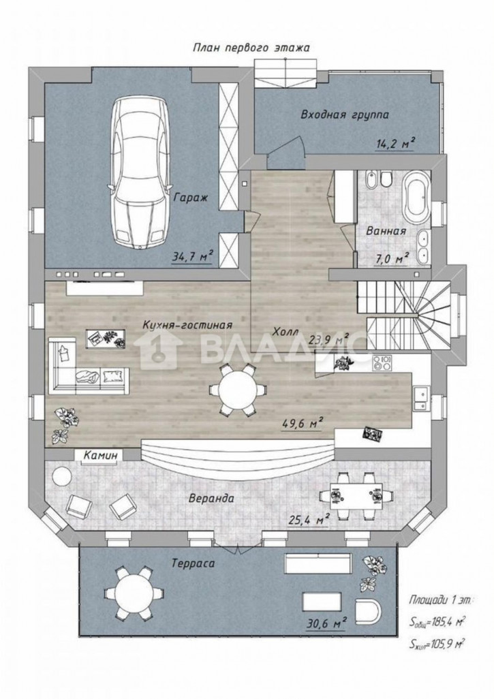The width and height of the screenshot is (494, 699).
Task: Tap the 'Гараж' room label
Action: coord(191,198)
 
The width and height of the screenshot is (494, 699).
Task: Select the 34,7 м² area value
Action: coord(192,258)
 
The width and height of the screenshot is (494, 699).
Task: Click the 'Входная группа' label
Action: coord(345,115)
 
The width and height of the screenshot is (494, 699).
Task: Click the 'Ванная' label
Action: coord(386,231)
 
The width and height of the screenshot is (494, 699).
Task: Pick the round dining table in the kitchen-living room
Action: coord(238,390)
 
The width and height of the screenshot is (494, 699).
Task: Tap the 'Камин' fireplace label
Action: coord(102,455)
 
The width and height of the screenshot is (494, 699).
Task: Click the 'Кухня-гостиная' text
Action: coord(187,324)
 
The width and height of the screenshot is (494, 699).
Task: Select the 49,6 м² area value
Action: coord(303,423)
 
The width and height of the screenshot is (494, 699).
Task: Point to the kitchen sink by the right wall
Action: coord(421,399)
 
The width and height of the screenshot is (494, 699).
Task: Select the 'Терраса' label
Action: coord(193,563)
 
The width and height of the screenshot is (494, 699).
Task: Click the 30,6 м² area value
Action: coord(326,624)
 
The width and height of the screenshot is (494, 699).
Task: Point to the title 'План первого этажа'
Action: coord(251,48)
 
